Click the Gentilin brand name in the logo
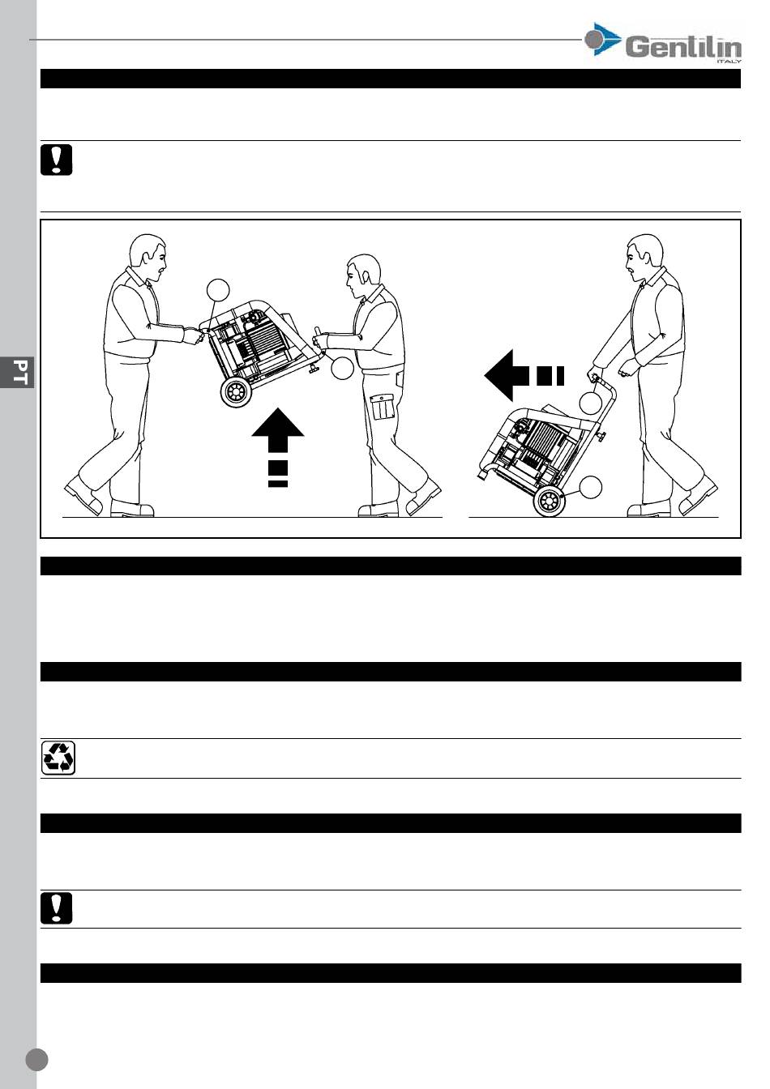click(x=683, y=48)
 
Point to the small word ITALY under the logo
click(x=729, y=62)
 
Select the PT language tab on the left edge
click(x=18, y=372)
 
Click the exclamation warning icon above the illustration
click(x=57, y=160)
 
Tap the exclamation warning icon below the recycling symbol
click(x=57, y=907)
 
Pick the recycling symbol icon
click(x=58, y=758)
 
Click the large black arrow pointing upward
click(x=278, y=447)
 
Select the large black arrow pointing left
click(x=524, y=375)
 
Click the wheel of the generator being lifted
click(x=237, y=392)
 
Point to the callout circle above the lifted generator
click(x=218, y=290)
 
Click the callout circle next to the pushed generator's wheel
click(x=591, y=487)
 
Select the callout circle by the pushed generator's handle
click(x=591, y=403)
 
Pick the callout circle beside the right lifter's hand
click(x=342, y=368)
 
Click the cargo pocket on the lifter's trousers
click(x=382, y=407)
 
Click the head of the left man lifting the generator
click(x=148, y=257)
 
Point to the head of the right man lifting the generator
click(x=363, y=275)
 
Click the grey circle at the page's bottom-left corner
click(x=36, y=1059)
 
